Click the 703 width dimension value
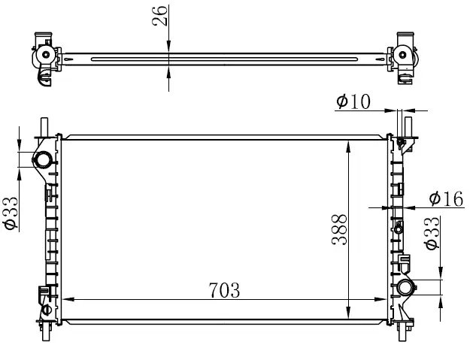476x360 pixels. tap(224, 290)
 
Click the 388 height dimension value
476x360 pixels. tap(339, 229)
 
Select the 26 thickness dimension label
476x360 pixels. tap(159, 16)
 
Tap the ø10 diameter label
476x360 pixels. tap(353, 101)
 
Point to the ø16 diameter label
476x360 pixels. tap(446, 198)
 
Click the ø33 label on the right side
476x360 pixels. tap(432, 233)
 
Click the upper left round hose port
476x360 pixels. tap(42, 159)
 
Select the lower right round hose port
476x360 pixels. tap(406, 287)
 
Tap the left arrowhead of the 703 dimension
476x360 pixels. tap(68, 299)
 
